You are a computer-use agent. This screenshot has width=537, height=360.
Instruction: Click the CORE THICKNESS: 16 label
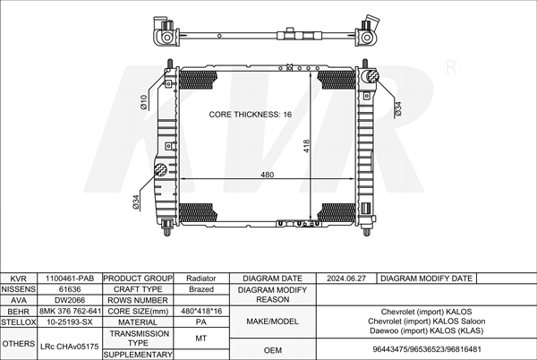click(x=250, y=116)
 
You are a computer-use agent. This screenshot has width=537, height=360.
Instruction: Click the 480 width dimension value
click(x=267, y=175)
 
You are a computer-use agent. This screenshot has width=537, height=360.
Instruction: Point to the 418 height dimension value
click(x=305, y=147)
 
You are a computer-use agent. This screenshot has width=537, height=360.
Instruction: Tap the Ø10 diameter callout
click(x=144, y=102)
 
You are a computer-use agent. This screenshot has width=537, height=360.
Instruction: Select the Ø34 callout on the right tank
click(x=397, y=108)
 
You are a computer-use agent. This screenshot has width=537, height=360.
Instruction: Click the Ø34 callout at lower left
click(x=137, y=202)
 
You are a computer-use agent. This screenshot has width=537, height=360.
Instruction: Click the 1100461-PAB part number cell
click(x=70, y=279)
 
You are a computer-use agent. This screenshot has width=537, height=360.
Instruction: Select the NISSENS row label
click(x=18, y=290)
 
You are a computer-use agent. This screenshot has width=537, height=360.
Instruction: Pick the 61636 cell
click(x=70, y=290)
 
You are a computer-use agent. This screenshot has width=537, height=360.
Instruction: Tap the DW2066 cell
click(x=70, y=301)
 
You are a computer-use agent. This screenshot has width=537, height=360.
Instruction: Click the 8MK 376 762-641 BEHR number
click(x=70, y=312)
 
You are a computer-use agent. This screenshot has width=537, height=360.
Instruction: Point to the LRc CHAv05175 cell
click(x=70, y=344)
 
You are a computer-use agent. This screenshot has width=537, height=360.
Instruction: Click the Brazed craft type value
click(x=200, y=290)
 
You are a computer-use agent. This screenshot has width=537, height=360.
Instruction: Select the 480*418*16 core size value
click(x=200, y=312)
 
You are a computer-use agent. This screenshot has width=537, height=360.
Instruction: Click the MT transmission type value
click(x=200, y=339)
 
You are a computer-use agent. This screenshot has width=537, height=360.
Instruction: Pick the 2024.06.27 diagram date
click(x=347, y=279)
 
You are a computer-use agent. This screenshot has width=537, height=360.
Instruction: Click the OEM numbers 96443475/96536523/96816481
click(x=426, y=350)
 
